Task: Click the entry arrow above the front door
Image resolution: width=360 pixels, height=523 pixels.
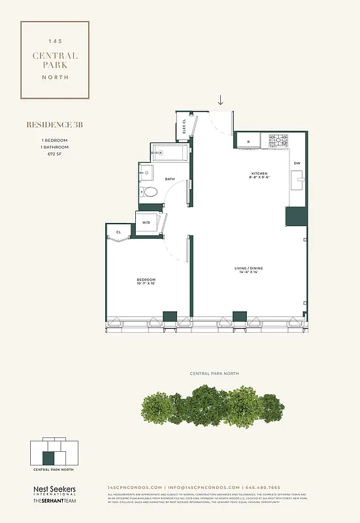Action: [x=221, y=99]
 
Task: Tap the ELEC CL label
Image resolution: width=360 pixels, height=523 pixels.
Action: [x=185, y=126]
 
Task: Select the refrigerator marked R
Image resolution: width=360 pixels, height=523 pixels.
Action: [x=248, y=141]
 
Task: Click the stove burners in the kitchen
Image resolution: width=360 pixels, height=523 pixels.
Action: [x=279, y=140]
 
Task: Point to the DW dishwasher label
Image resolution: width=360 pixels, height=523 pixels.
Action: [x=297, y=163]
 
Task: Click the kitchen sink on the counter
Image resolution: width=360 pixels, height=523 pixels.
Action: [x=298, y=178]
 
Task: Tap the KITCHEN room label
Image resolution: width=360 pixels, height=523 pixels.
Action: [x=259, y=174]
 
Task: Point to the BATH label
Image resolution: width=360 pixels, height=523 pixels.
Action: [x=170, y=178]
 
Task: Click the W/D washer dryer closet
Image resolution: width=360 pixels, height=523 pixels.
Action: [x=146, y=222]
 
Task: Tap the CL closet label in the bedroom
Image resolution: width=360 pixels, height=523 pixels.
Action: [x=120, y=232]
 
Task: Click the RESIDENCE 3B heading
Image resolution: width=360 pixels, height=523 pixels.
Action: [x=49, y=124]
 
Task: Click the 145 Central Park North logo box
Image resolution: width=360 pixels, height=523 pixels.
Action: [x=55, y=59]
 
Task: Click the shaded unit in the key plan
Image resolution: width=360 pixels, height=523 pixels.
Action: [x=48, y=458]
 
